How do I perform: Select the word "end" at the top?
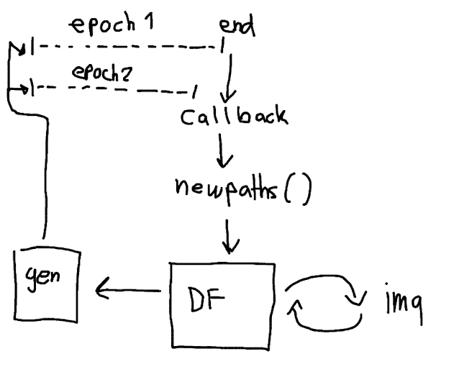click(x=237, y=27)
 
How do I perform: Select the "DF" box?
click(x=222, y=305)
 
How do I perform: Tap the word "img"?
click(x=400, y=304)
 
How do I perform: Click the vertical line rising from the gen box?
click(x=47, y=180)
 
